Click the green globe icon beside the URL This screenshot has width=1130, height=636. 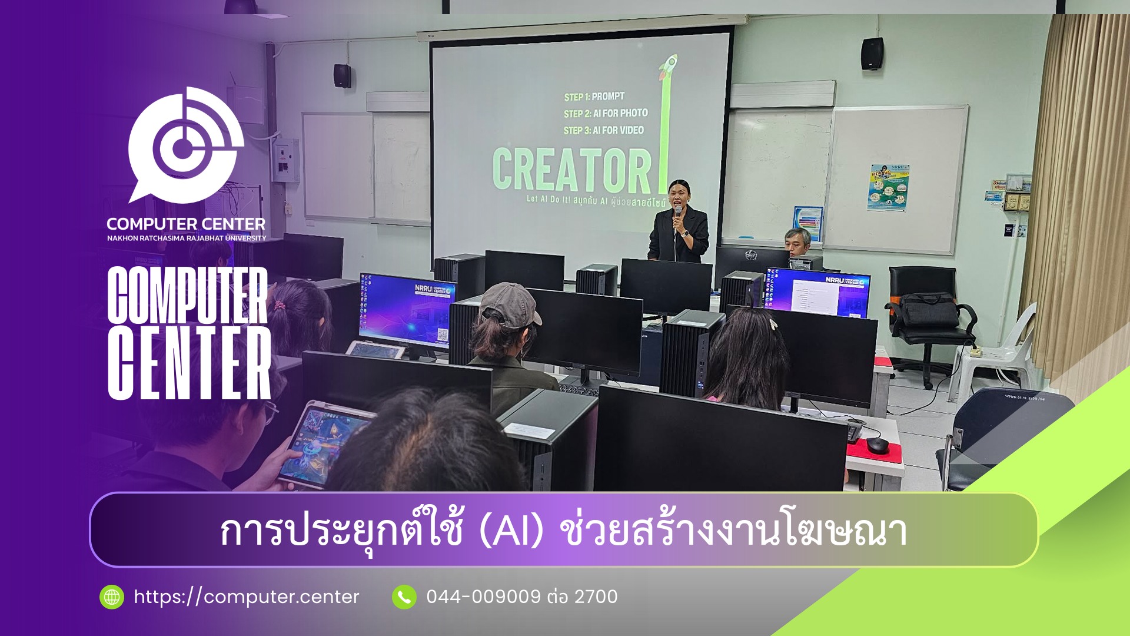point(112,597)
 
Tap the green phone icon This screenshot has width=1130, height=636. point(404,597)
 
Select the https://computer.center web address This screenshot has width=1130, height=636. point(246,597)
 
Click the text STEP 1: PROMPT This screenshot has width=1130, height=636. point(594,97)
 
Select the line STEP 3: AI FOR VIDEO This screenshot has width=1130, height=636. point(603,130)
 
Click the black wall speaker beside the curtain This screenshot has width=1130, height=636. point(872,54)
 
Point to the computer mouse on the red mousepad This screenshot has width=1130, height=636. point(876,445)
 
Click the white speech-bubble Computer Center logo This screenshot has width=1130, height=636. point(185,147)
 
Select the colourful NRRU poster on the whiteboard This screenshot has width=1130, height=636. point(889,187)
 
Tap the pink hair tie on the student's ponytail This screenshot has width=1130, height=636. point(279,305)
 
